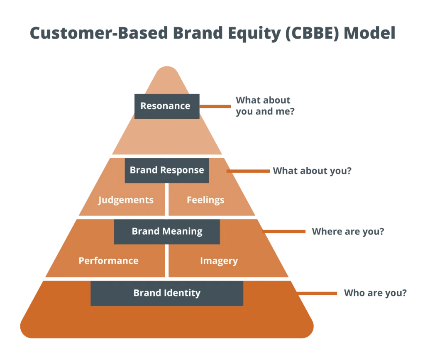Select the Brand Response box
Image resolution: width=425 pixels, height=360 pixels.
(167, 170)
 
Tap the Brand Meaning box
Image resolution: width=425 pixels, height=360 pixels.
(167, 231)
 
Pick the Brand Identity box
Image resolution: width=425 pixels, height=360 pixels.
(167, 293)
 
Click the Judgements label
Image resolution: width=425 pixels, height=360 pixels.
(126, 200)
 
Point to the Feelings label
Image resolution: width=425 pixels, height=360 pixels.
(205, 200)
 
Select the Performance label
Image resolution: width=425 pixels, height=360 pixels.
(108, 261)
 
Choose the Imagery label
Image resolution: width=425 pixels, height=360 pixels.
(219, 261)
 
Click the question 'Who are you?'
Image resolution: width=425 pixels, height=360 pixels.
(375, 293)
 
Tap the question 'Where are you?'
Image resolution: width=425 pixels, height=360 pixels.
(347, 231)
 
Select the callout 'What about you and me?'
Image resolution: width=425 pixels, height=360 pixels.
(265, 106)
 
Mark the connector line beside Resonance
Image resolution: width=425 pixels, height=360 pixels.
(215, 106)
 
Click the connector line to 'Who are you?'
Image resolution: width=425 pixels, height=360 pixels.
(318, 294)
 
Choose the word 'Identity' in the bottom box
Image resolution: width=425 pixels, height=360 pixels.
(183, 293)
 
